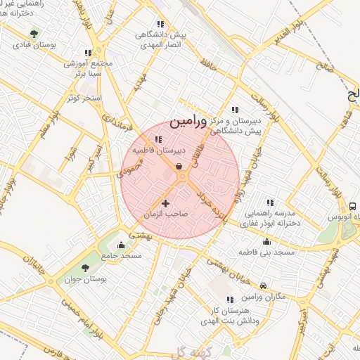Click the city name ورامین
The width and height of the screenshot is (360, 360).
coord(189,121)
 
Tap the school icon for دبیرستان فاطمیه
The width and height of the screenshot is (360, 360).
coord(157,139)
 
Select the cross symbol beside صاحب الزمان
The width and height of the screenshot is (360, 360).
coord(166,203)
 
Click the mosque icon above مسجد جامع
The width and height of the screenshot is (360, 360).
coord(122,245)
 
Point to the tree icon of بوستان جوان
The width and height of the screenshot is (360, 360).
coord(85,268)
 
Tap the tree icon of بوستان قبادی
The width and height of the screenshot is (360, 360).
coord(34,32)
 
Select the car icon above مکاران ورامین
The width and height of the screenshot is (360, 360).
coord(263,285)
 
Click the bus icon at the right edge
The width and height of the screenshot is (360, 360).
coord(352,207)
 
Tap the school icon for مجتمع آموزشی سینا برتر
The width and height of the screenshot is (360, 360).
coord(88,52)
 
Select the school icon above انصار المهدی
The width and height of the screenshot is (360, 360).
coord(160,23)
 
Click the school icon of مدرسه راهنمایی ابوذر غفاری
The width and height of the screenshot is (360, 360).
coord(269,202)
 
